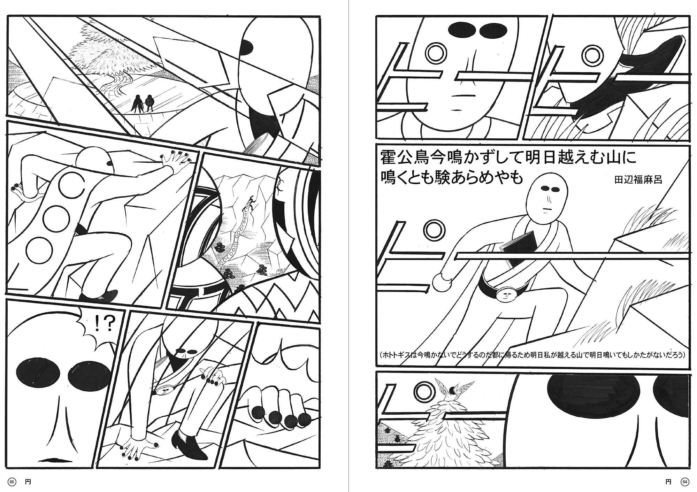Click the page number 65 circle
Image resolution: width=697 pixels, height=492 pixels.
point(12,482)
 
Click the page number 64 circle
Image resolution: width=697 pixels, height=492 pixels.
point(685,482)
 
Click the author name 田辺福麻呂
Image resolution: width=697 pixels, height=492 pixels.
point(638,180)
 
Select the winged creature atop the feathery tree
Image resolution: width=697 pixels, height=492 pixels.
point(450,390)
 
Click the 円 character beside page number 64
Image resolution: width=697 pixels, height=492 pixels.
point(668,482)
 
